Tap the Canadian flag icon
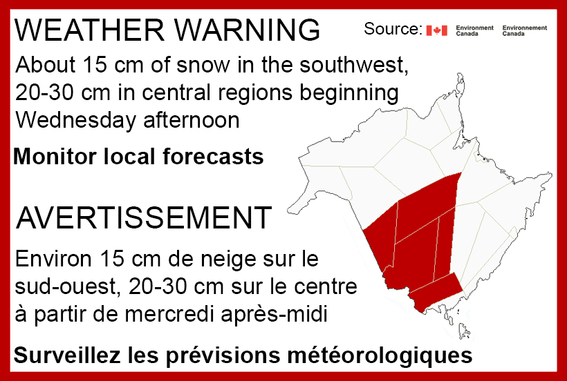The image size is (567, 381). click(437, 30)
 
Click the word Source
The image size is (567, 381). click(391, 30)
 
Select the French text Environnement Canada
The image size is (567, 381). click(525, 30)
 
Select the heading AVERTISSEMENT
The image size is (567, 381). click(142, 218)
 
